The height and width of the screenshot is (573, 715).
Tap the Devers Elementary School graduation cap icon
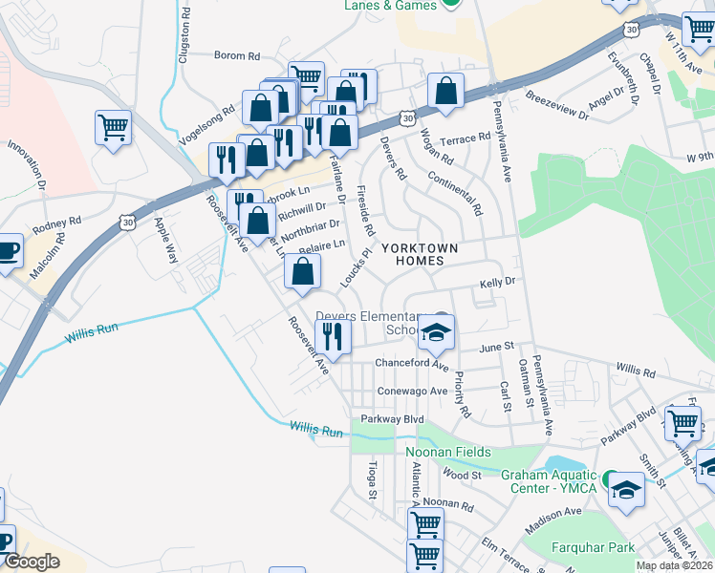(438, 332)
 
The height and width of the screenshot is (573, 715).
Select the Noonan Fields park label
(448, 452)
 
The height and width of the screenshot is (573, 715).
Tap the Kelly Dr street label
(497, 283)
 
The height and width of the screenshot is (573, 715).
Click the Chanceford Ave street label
(412, 364)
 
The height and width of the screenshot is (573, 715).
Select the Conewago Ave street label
(412, 391)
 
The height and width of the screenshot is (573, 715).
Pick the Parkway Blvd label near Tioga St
(392, 419)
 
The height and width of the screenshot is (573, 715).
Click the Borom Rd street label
(229, 56)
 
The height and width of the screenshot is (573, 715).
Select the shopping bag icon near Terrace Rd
(445, 91)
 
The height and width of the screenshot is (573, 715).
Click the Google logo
(32, 562)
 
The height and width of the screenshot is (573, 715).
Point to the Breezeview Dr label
(558, 105)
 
